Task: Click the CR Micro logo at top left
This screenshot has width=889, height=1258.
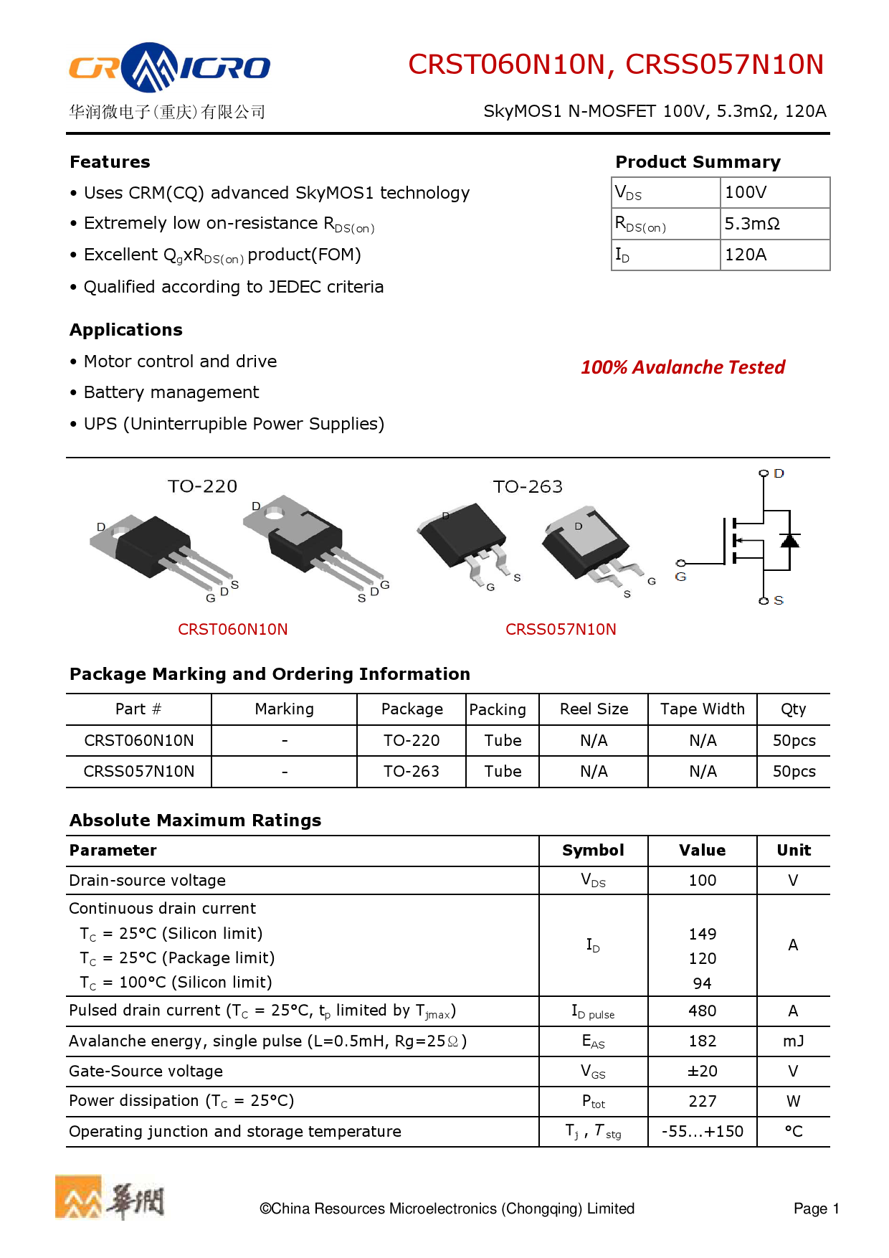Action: [x=169, y=68]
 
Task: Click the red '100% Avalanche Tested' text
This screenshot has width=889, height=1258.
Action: [x=683, y=367]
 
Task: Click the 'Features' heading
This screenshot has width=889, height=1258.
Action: [x=110, y=162]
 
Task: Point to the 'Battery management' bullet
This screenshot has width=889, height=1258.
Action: [x=171, y=392]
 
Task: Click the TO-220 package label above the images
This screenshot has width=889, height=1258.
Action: [x=202, y=486]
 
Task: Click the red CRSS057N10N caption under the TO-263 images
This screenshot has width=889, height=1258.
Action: [x=561, y=630]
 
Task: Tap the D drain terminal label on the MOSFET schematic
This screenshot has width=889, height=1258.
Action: [x=779, y=473]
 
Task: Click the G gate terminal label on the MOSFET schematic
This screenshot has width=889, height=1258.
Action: [x=680, y=577]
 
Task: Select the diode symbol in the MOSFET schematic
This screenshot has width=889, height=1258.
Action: [x=789, y=540]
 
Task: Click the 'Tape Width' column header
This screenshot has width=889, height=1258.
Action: [x=702, y=709]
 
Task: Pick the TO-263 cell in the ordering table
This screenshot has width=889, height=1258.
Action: [x=411, y=772]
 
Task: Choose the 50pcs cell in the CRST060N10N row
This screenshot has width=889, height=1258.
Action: [x=794, y=741]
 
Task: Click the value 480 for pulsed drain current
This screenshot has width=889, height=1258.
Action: [x=702, y=1011]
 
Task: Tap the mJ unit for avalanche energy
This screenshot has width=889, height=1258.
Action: [x=793, y=1041]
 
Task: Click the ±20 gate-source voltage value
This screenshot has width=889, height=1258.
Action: [x=702, y=1072]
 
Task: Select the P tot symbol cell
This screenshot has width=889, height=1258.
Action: [x=593, y=1102]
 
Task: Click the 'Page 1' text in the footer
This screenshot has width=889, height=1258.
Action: [x=816, y=1209]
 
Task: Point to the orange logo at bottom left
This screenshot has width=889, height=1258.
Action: [x=79, y=1197]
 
